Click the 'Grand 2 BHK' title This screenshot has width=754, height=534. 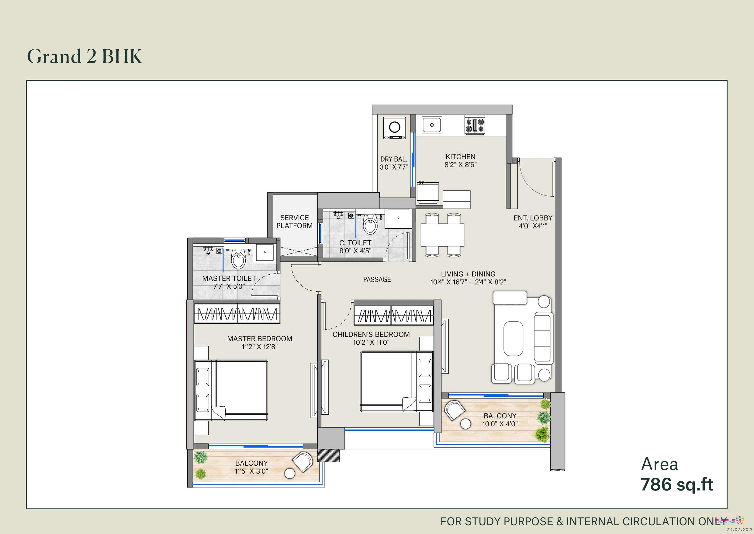tap(85, 56)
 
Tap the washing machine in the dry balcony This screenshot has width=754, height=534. tap(394, 128)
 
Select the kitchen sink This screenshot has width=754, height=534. tap(431, 125)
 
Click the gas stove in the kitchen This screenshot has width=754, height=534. tap(475, 125)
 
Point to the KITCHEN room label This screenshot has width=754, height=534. tap(460, 157)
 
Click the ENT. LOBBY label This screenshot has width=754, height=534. tap(533, 218)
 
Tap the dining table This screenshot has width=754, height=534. tap(442, 235)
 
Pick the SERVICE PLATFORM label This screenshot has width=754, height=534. tap(294, 222)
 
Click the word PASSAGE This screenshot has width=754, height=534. tap(377, 279)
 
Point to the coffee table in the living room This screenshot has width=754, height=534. tap(513, 338)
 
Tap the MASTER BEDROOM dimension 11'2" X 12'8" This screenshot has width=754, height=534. tap(260, 346)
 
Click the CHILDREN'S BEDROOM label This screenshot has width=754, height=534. tap(371, 334)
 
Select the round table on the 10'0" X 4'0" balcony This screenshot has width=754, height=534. tap(466, 424)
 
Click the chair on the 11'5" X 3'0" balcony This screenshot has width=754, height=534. tap(303, 462)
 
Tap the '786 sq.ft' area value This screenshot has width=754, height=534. tap(677, 484)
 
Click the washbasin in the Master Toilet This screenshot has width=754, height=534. tap(265, 252)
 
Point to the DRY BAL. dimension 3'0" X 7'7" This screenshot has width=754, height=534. tap(394, 167)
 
